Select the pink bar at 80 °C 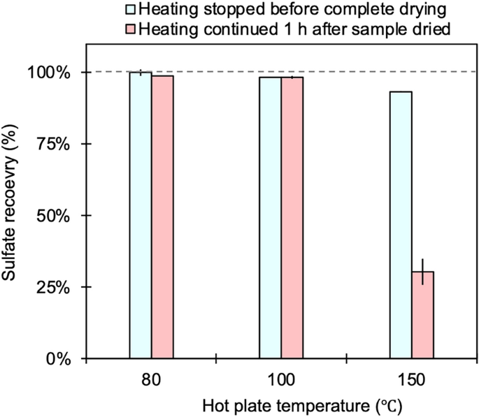[x=162, y=217]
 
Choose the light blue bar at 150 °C [x=401, y=225]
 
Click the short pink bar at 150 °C [x=422, y=315]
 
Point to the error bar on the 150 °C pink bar [x=422, y=272]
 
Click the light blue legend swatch [x=129, y=10]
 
